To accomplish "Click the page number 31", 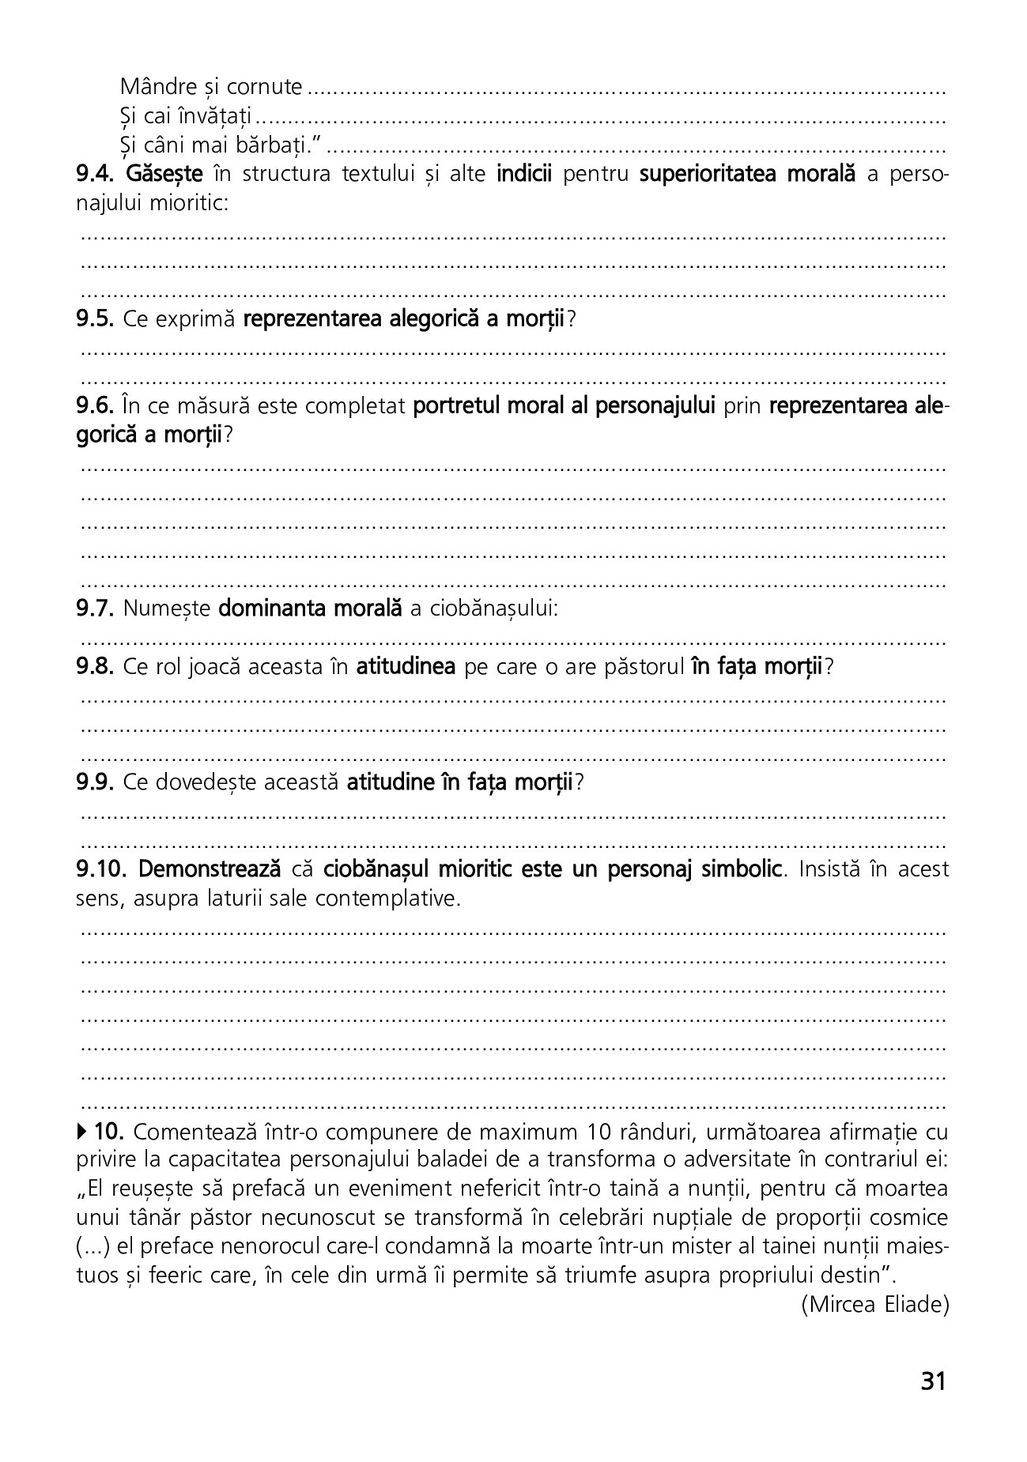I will pyautogui.click(x=933, y=1381).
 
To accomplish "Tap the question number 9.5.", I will pyautogui.click(x=96, y=319).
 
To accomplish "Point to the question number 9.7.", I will pyautogui.click(x=96, y=609).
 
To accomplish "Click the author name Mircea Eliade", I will pyautogui.click(x=874, y=1304).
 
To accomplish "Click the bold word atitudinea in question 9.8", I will pyautogui.click(x=406, y=667).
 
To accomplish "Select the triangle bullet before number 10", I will pyautogui.click(x=83, y=1132).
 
